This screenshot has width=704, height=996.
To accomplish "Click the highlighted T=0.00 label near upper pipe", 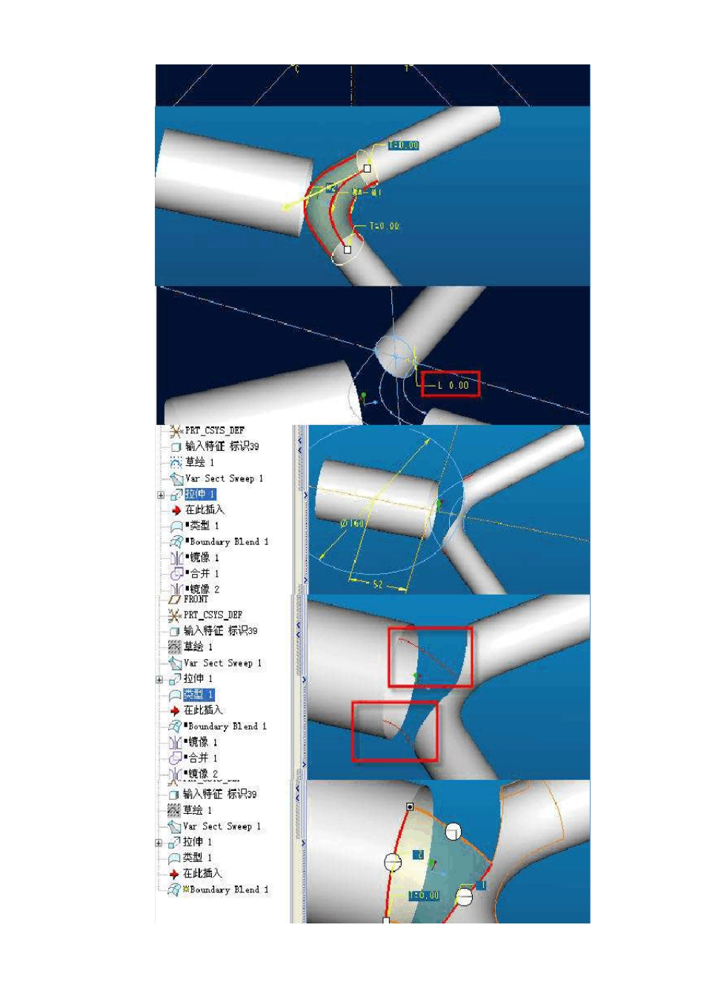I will [403, 145].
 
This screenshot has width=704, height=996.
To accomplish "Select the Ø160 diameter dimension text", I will [352, 524].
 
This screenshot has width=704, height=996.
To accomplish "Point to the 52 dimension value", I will [378, 584].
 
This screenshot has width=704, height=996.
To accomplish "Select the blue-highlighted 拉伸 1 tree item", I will [199, 494].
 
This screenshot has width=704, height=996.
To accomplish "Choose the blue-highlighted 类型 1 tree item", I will [198, 694].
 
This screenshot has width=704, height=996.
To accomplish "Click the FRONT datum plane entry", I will [196, 599].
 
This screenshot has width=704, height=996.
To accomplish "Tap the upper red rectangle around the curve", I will [431, 656].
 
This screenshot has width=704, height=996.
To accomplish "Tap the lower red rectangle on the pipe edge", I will [394, 732].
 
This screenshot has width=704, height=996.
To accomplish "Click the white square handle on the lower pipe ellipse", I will [348, 250].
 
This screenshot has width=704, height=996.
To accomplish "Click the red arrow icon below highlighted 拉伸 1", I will [176, 510].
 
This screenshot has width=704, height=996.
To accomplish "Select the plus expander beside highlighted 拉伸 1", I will [160, 495].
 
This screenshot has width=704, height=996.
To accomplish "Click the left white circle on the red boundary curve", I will [393, 862].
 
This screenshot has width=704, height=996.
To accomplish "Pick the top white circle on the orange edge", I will [453, 832].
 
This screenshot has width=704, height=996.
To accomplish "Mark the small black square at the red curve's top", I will [410, 806].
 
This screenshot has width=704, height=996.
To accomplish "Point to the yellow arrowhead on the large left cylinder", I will [287, 207].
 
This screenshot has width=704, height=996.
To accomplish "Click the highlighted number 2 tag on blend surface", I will [418, 855].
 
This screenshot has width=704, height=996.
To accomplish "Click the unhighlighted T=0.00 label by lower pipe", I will [384, 226].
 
